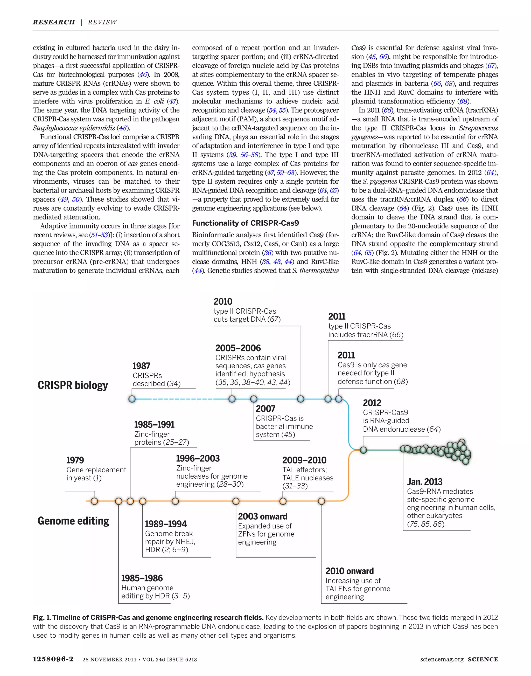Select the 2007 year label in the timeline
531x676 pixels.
265,409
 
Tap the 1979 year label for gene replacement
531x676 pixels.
75,460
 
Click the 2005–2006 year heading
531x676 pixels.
238,348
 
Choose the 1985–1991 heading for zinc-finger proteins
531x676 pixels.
154,425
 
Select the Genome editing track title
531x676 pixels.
73,521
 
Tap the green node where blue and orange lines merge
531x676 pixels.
363,450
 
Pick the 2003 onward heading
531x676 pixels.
262,516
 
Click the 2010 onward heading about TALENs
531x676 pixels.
350,571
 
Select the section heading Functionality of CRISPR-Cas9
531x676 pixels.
245,223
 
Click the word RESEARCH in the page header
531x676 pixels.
54,22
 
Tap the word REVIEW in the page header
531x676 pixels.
102,22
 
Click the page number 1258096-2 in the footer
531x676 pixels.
53,659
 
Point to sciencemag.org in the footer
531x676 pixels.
442,659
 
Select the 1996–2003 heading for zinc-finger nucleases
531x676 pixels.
198,459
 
